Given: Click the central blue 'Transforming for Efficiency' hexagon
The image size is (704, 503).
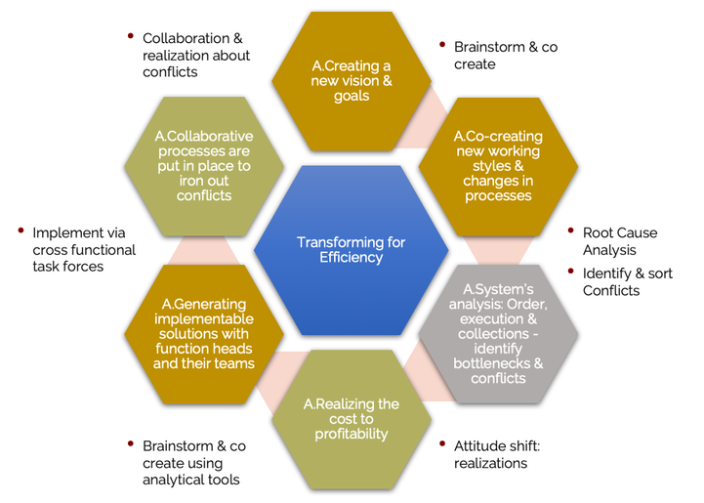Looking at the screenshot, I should tap(352, 250).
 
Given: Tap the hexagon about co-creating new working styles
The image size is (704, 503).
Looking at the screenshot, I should tap(497, 166).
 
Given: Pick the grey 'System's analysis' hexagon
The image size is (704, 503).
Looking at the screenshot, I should tap(498, 333).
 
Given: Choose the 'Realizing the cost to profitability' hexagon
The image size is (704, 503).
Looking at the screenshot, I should tap(352, 418).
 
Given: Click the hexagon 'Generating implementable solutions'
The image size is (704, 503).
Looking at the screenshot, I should tap(203, 333).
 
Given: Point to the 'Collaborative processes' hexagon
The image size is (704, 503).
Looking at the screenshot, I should tap(204, 166).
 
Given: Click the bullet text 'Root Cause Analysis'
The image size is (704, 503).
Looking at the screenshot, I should tap(620, 241).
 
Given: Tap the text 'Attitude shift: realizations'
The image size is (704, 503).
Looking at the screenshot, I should tap(498, 454).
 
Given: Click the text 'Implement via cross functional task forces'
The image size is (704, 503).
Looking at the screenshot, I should tap(84, 249).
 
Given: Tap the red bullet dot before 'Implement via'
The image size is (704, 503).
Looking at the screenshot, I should tap(20, 231).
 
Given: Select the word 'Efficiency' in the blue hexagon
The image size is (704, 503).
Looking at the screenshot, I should tap(352, 258).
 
